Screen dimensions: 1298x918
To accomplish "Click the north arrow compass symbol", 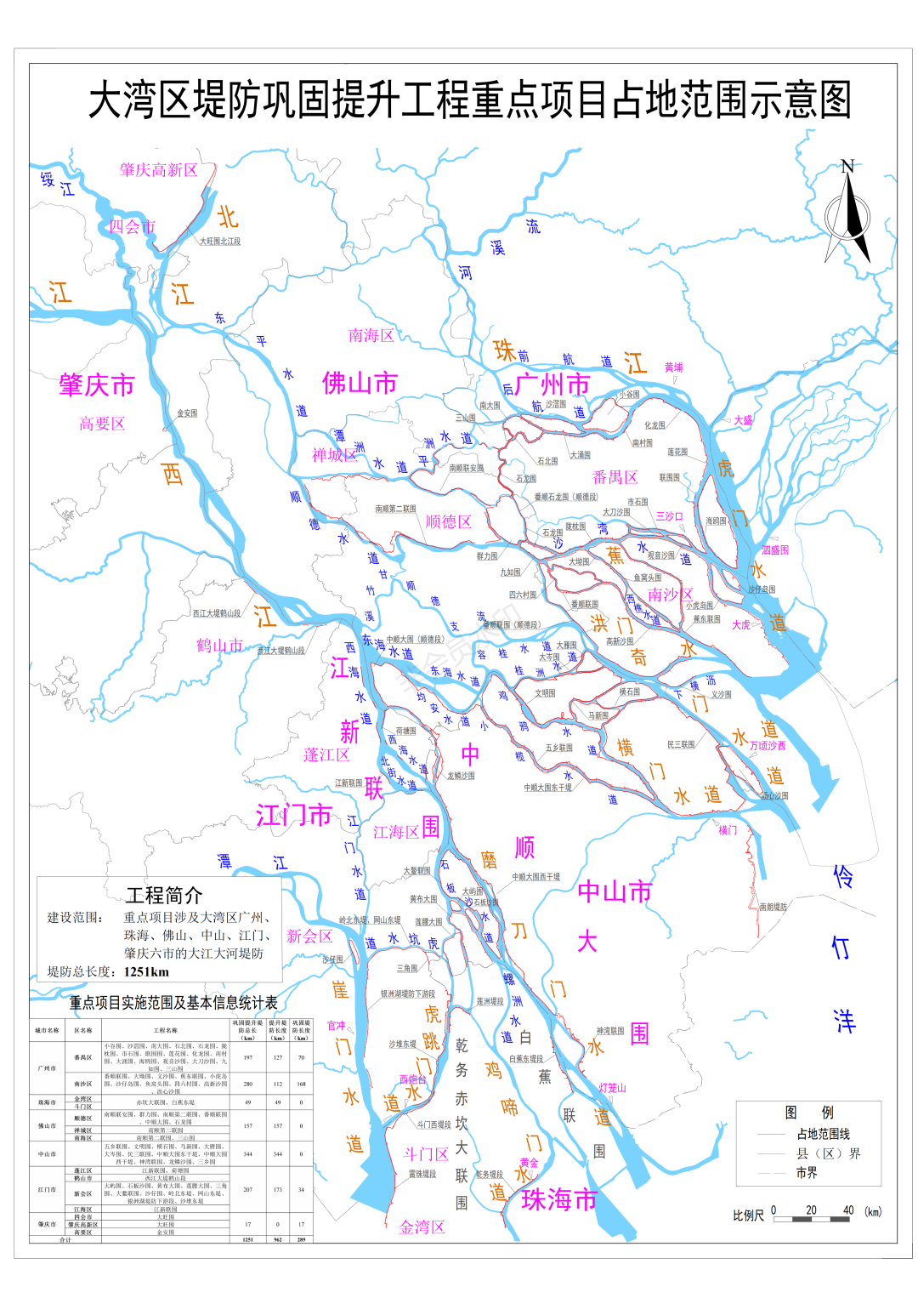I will [x=847, y=213].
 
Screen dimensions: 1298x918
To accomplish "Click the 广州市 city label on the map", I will [x=552, y=384].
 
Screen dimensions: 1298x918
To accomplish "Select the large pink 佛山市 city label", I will [x=360, y=384].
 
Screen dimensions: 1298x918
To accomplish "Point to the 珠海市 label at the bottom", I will [x=559, y=1200].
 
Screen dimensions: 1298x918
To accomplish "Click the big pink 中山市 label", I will [x=615, y=891].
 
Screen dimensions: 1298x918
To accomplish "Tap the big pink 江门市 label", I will [x=293, y=815].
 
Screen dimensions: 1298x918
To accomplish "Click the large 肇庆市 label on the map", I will [x=96, y=385].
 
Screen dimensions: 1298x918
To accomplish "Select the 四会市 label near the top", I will [x=132, y=226].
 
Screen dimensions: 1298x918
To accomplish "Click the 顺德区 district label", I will [x=448, y=521].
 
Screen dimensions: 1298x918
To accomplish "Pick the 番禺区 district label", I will [x=615, y=477].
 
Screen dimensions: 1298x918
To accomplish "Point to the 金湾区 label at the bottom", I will [x=422, y=1227].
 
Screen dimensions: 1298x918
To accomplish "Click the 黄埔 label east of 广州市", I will [x=673, y=367].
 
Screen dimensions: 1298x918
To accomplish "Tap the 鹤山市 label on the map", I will [x=219, y=646].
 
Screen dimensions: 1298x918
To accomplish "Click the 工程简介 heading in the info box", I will [x=164, y=895].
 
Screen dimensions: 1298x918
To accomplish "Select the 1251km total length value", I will [x=146, y=971].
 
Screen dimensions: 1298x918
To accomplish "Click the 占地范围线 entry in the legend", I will [x=823, y=1134].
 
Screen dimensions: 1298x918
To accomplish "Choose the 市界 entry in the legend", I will [x=807, y=1172].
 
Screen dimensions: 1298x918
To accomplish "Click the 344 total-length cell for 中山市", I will [x=247, y=1154].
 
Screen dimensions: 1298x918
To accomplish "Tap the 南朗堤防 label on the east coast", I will [x=773, y=907].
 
